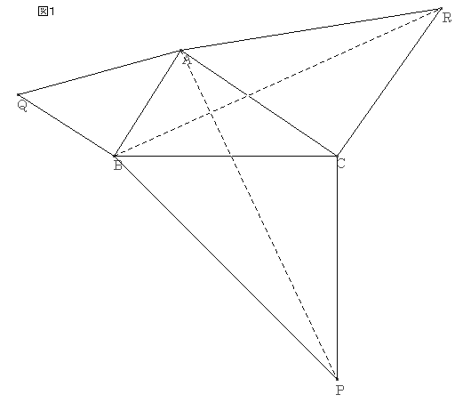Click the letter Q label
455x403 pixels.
[22, 106]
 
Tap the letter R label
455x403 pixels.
[446, 18]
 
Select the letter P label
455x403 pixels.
[340, 390]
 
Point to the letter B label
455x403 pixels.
[118, 165]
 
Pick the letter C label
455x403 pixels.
[341, 164]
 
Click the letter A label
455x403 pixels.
[187, 60]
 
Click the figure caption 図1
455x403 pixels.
[46, 12]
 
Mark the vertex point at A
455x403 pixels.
[181, 51]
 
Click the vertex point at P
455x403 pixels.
[337, 379]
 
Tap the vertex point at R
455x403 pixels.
[441, 9]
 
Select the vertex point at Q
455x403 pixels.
[18, 94]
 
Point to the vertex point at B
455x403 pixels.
[115, 156]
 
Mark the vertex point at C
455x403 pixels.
[337, 156]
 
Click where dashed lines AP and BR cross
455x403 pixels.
[211, 112]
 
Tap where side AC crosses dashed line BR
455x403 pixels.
[248, 95]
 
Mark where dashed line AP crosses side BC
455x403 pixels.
[231, 156]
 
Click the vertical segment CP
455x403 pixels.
[337, 267]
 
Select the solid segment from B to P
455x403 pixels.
[226, 267]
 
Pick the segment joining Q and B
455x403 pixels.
[66, 125]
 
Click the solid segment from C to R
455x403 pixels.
[389, 82]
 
